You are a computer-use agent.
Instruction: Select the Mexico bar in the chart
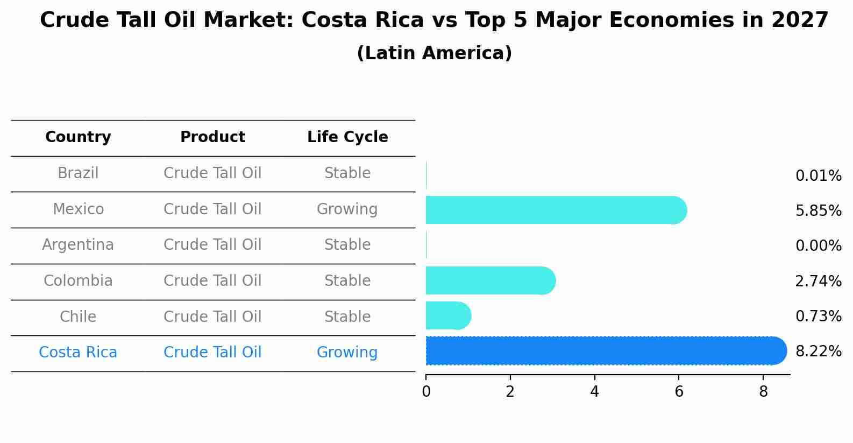click(554, 210)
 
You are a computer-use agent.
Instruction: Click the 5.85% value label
click(818, 211)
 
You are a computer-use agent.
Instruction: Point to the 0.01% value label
click(818, 176)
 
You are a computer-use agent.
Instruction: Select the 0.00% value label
click(818, 246)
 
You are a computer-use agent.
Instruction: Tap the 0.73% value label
click(818, 316)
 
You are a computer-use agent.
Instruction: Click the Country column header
click(78, 137)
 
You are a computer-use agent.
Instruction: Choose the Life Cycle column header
click(347, 137)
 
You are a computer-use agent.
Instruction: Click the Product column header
click(212, 137)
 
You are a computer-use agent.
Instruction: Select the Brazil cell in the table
click(78, 173)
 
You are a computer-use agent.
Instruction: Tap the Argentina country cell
click(78, 245)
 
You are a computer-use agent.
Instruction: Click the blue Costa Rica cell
click(78, 353)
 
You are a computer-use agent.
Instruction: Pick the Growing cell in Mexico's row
click(347, 209)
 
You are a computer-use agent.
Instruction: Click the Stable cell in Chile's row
click(347, 317)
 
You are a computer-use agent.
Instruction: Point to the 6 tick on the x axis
click(679, 392)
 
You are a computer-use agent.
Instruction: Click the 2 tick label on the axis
click(510, 392)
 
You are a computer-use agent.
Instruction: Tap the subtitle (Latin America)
click(434, 53)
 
